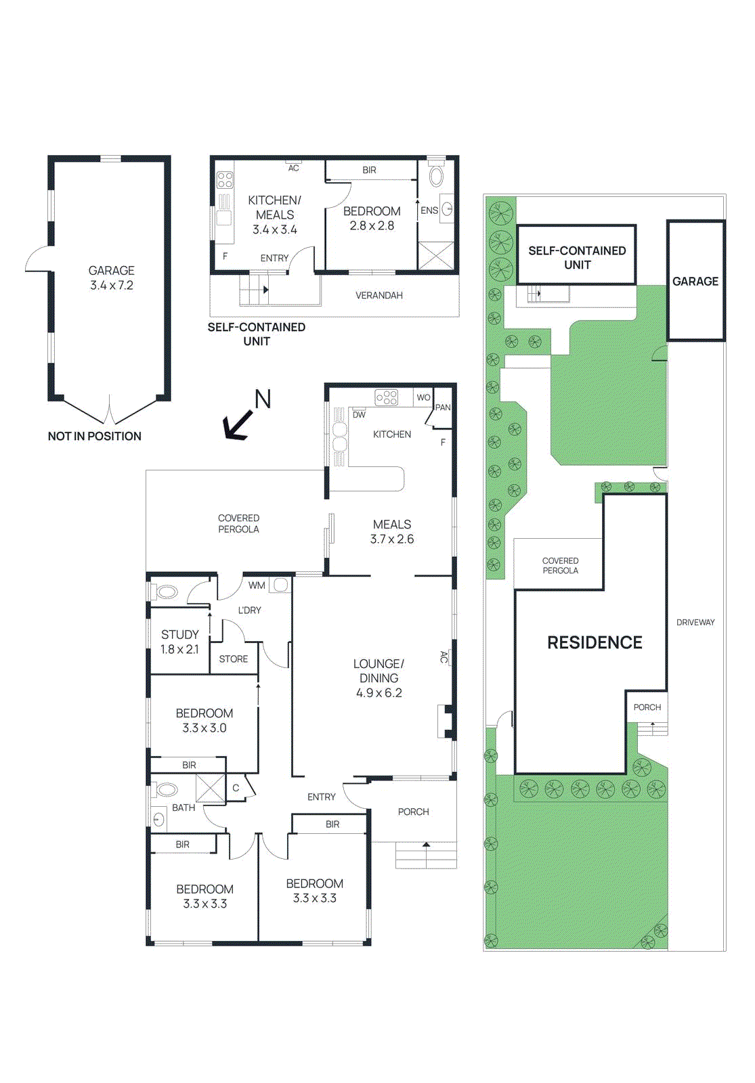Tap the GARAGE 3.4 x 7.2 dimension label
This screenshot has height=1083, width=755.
pyautogui.click(x=112, y=278)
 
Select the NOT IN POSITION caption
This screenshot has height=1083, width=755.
pyautogui.click(x=95, y=437)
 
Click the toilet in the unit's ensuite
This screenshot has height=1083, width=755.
pyautogui.click(x=437, y=177)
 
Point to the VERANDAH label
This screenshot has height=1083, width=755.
pyautogui.click(x=379, y=296)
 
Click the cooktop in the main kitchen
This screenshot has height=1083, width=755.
pyautogui.click(x=387, y=397)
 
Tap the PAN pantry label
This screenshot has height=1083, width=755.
pyautogui.click(x=443, y=407)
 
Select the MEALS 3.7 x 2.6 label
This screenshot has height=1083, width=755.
pyautogui.click(x=391, y=532)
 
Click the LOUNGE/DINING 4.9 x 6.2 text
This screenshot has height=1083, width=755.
pyautogui.click(x=379, y=678)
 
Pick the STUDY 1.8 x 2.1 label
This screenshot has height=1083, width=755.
pyautogui.click(x=179, y=642)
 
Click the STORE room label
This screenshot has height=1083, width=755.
pyautogui.click(x=234, y=659)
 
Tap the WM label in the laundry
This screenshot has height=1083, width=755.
pyautogui.click(x=257, y=585)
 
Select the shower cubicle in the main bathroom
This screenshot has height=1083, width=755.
pyautogui.click(x=211, y=789)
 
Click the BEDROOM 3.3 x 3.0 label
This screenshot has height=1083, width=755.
pyautogui.click(x=204, y=721)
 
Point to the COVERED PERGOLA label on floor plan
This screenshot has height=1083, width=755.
pyautogui.click(x=238, y=524)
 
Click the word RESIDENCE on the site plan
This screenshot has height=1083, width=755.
pyautogui.click(x=595, y=642)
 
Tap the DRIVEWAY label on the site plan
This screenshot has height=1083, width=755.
pyautogui.click(x=695, y=623)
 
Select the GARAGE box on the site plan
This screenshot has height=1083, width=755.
pyautogui.click(x=695, y=281)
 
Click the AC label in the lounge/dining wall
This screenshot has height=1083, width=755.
pyautogui.click(x=444, y=657)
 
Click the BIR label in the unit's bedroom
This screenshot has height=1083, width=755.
pyautogui.click(x=369, y=171)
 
